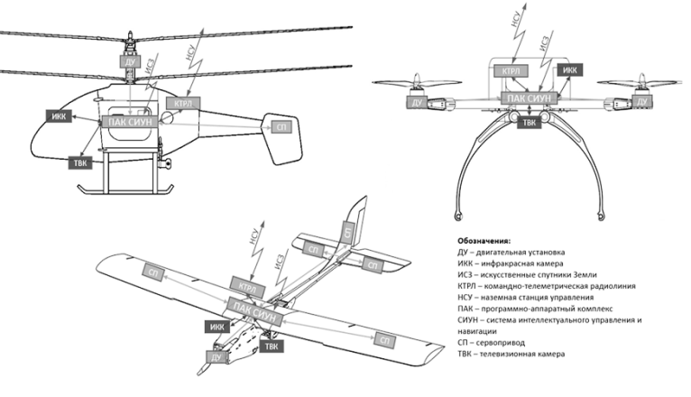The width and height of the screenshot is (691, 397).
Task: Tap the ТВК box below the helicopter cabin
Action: tap(79, 163)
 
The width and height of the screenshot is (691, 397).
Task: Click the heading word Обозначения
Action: tap(484, 241)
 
